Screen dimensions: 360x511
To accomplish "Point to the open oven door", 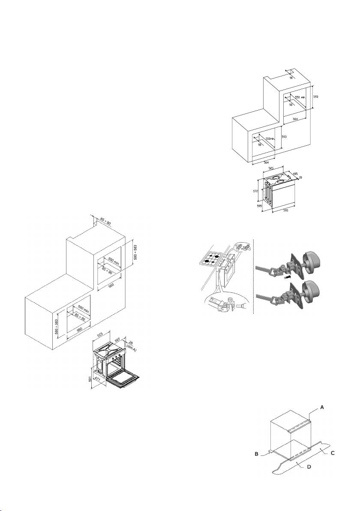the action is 124,379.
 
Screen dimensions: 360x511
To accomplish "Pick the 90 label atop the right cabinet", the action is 291,78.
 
